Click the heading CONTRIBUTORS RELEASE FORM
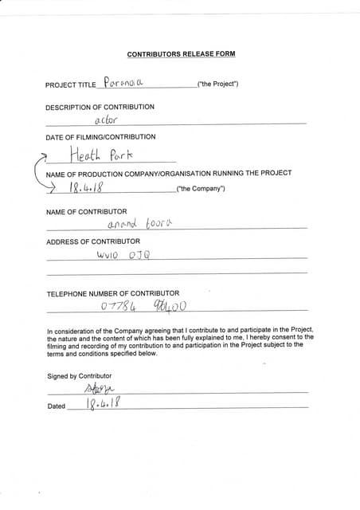(181, 54)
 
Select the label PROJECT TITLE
(71, 84)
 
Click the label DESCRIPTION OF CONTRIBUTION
(94, 106)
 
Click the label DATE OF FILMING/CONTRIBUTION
(100, 137)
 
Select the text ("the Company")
(200, 189)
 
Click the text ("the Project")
(217, 84)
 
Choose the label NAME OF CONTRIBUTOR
(86, 211)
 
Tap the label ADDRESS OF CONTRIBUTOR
(92, 241)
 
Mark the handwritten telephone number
(144, 306)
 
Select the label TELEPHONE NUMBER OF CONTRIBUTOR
(112, 293)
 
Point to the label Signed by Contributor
(79, 375)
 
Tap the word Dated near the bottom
(56, 406)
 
